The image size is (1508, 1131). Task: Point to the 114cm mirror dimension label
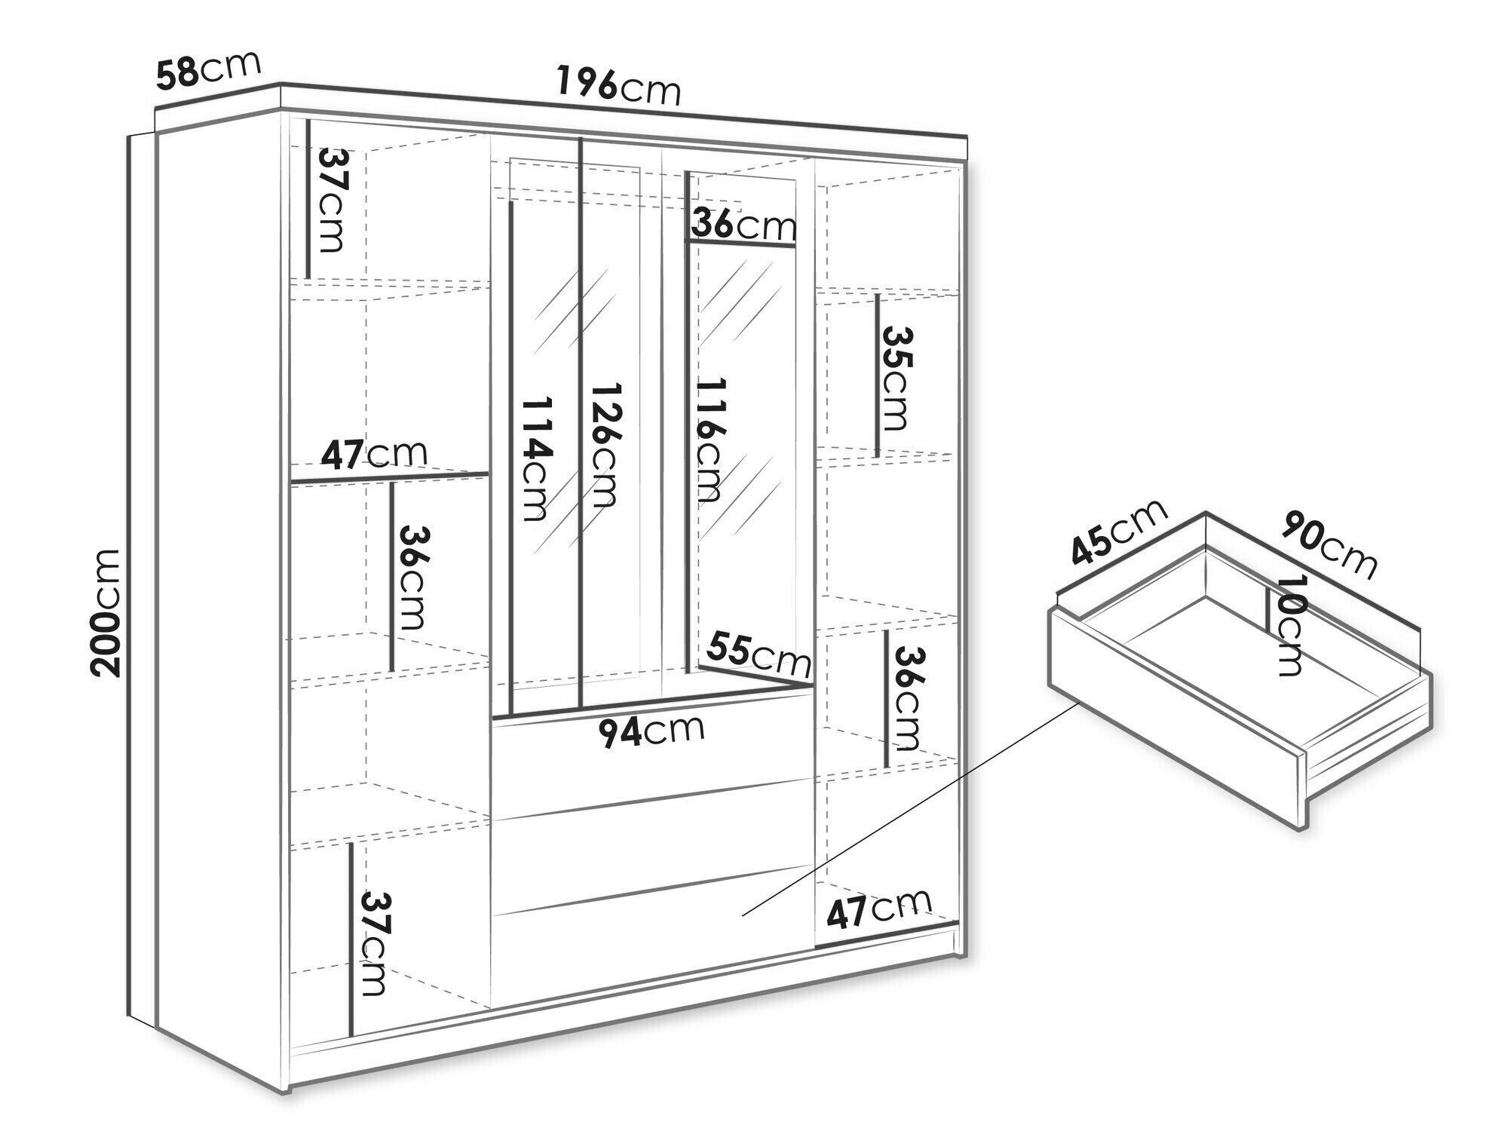pos(538,460)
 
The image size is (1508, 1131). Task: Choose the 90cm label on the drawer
pos(1330,544)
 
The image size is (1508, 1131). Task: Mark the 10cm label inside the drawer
pos(1289,625)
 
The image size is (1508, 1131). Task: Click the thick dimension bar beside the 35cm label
pos(878,376)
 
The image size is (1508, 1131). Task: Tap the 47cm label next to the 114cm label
pos(374,454)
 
